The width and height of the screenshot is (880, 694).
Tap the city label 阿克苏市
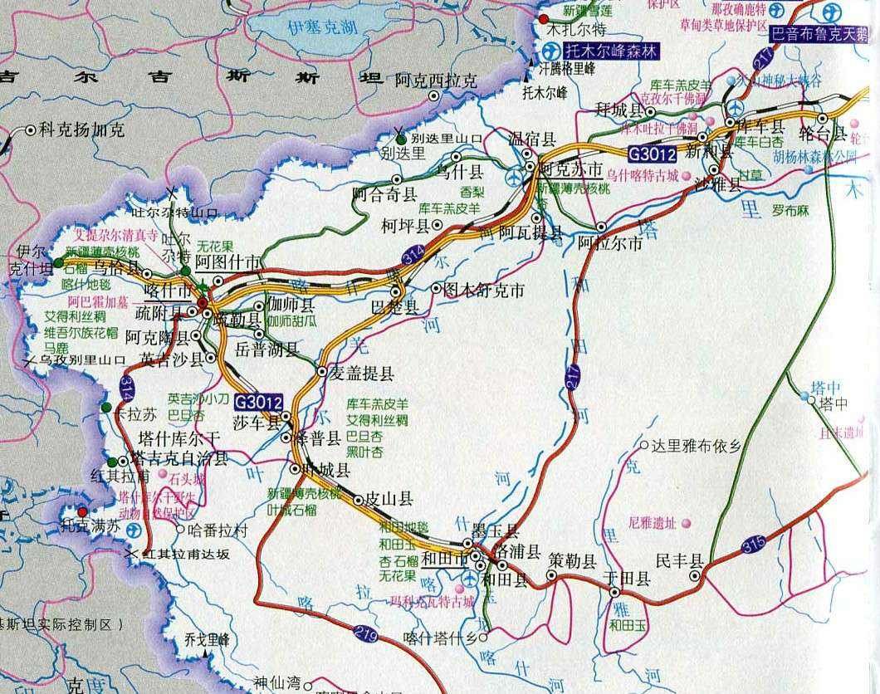[x=570, y=169]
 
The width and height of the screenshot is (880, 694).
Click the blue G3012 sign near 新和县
[x=652, y=154]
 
